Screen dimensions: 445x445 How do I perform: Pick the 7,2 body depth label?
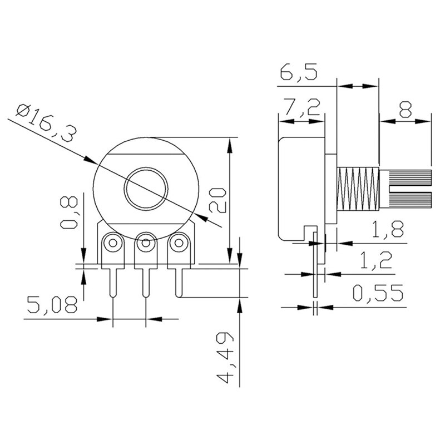pos(301,108)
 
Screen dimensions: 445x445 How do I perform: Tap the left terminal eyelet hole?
pos(113,243)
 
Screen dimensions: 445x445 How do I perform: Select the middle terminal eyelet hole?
pos(146,243)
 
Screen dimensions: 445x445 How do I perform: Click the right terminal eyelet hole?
pos(178,243)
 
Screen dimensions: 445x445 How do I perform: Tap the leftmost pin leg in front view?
pos(113,281)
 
